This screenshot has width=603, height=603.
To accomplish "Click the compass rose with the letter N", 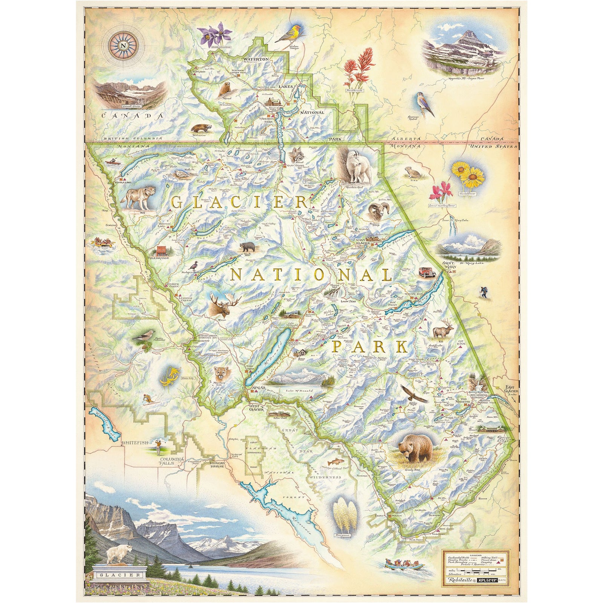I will coord(123,46).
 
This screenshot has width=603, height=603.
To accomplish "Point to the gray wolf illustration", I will coord(139,197).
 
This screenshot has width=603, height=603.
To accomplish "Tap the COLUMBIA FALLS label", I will coord(172,461).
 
